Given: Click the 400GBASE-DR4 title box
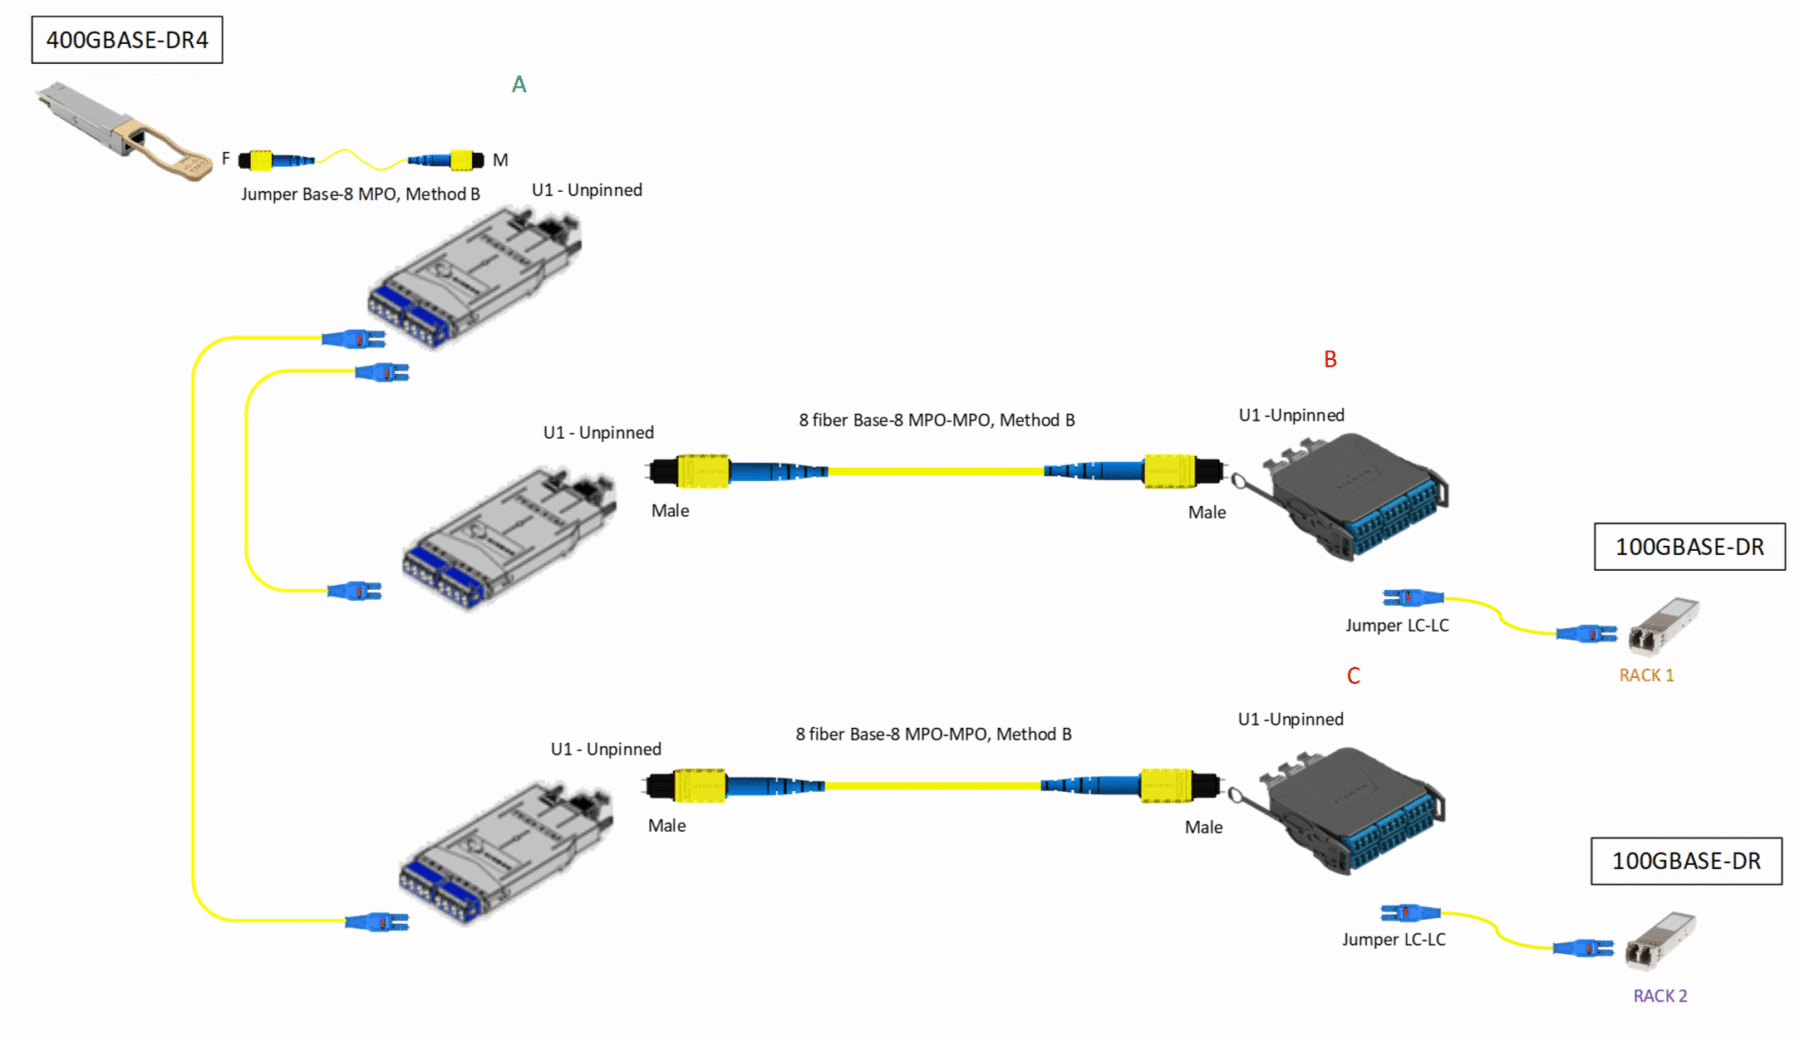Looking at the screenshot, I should click(x=127, y=40).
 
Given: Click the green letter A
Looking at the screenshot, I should click(x=518, y=85).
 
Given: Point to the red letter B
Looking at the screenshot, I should click(x=1330, y=359).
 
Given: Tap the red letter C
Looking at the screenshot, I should click(x=1353, y=676).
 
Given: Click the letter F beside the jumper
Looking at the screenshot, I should click(x=225, y=159).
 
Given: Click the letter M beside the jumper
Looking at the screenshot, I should click(x=500, y=160).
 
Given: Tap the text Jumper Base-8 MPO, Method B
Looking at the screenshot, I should click(x=360, y=194).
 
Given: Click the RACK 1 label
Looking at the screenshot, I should click(x=1646, y=675).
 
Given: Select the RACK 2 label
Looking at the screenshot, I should click(x=1659, y=996).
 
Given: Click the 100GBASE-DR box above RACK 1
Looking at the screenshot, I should click(x=1689, y=547).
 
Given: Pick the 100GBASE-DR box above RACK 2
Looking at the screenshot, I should click(x=1686, y=861).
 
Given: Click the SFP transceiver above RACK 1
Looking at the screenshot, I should click(x=1663, y=625).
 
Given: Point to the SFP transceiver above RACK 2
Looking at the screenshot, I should click(x=1660, y=940).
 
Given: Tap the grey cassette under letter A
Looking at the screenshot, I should click(x=475, y=275).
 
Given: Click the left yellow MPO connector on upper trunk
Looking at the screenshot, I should click(x=702, y=471).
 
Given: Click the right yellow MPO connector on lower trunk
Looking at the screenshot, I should click(x=1166, y=786).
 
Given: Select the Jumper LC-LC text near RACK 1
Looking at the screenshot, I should click(x=1396, y=626).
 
